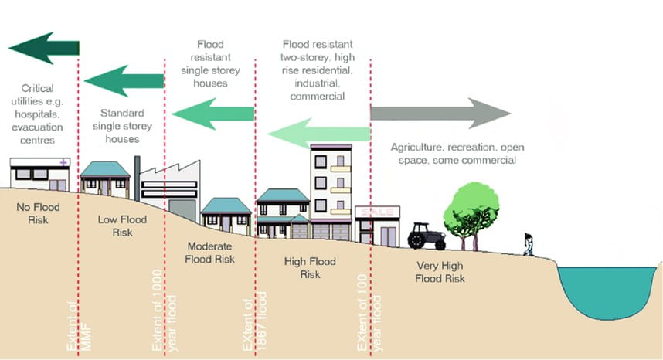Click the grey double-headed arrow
pos(440,114)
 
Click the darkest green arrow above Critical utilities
pos(44,48)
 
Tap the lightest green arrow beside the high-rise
pos(318,133)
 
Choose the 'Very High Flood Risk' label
pos(437,272)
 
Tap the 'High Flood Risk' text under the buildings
pos(310,268)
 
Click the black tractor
pos(427,236)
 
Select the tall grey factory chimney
pos(137,178)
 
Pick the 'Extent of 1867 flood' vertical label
pos(256,322)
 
